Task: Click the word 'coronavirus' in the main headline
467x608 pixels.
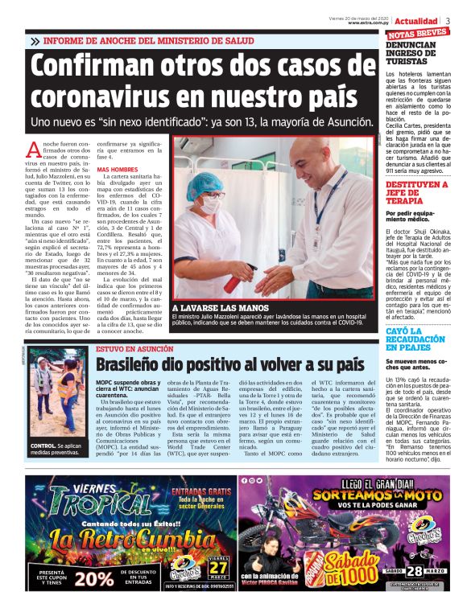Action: click(x=111, y=99)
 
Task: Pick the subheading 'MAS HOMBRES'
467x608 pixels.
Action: click(x=117, y=170)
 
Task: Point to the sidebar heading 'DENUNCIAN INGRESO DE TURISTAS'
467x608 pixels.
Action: click(x=415, y=53)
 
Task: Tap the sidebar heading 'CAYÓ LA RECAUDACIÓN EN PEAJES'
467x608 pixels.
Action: click(x=415, y=342)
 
